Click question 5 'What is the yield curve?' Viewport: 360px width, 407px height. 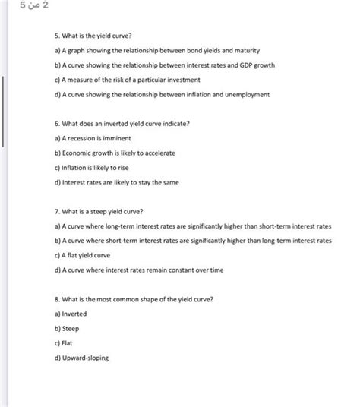(93, 36)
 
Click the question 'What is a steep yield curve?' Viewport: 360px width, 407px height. (99, 211)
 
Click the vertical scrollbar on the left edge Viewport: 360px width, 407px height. (4, 110)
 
